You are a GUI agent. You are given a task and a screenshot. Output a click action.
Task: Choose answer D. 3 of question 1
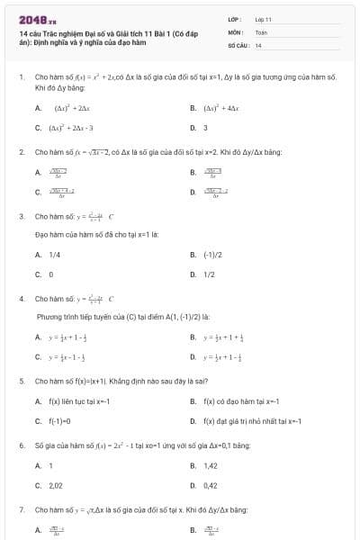pos(203,127)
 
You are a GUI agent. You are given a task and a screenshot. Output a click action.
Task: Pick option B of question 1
pos(213,108)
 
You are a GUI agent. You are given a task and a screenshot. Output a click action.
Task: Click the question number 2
pos(21,152)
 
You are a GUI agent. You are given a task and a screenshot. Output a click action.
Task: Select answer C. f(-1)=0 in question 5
pos(59,420)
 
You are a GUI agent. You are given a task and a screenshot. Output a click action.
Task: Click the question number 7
pos(21,509)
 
